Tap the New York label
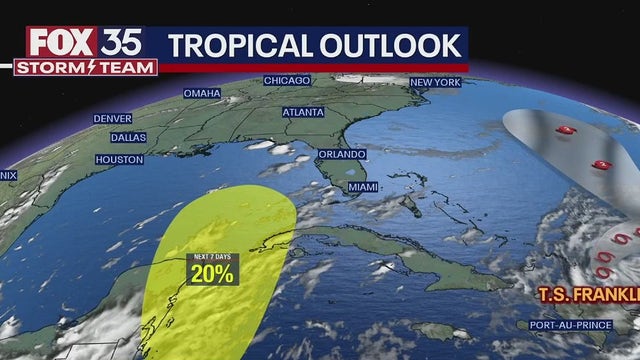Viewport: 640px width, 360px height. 434,82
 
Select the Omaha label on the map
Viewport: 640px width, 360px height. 201,93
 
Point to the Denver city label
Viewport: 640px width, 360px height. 112,118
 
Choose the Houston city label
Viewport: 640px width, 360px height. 118,159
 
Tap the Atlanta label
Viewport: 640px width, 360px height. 305,113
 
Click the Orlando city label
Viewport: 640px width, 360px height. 343,155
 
